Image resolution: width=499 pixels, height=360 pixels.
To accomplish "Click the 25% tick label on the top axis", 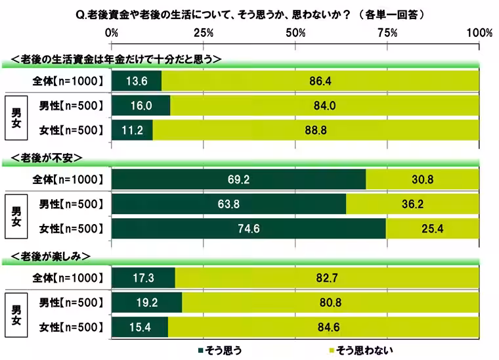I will [x=204, y=33].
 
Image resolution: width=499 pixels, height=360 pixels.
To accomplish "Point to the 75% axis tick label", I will [x=388, y=33].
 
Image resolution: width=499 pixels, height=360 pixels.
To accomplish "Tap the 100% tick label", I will [x=479, y=33].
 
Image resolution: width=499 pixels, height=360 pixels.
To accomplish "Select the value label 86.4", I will [x=320, y=81].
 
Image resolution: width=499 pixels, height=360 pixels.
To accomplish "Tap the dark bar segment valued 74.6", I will [x=249, y=228].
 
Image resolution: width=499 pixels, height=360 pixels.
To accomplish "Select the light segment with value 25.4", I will [x=433, y=228].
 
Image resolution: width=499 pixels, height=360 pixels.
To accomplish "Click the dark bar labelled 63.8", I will [x=229, y=204].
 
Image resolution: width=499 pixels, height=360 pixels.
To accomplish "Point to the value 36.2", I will [x=413, y=204].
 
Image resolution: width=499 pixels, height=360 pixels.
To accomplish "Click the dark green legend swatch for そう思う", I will [x=201, y=350].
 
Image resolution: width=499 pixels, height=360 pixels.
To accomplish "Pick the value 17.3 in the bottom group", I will [x=143, y=278].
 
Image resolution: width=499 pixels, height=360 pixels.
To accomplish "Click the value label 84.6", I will [x=324, y=326].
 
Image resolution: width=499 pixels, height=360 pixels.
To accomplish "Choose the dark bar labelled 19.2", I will [x=147, y=302].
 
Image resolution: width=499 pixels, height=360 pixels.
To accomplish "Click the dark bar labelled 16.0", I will [x=141, y=105].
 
